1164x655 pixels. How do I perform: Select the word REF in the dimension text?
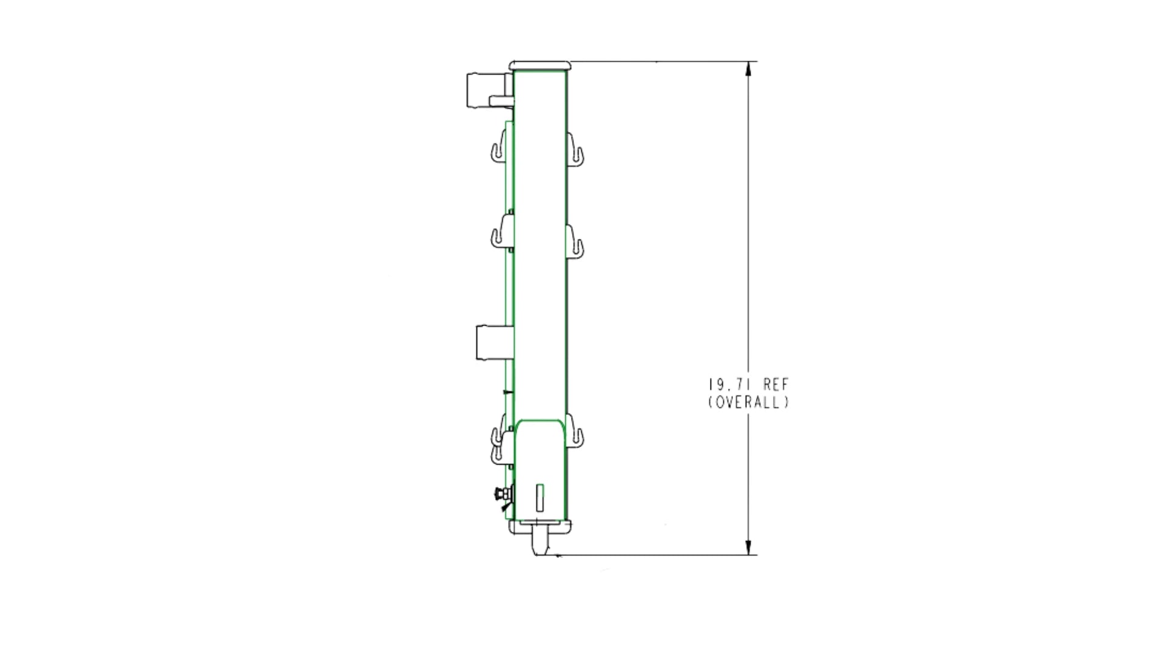click(777, 385)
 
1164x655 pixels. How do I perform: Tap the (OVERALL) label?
click(749, 402)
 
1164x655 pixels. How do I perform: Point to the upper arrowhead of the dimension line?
click(749, 69)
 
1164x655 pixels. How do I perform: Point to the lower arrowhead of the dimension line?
click(749, 547)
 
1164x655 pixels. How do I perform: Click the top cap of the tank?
click(540, 65)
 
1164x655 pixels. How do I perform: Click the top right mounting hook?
click(576, 148)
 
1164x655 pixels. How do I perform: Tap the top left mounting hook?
click(498, 148)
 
